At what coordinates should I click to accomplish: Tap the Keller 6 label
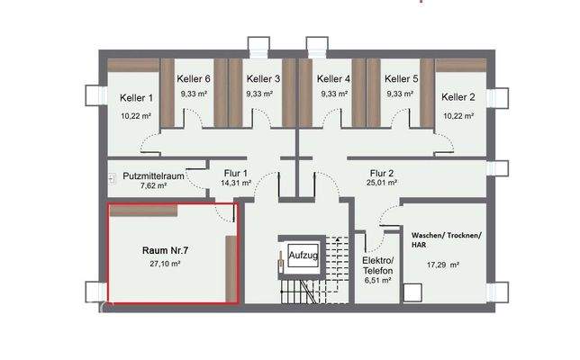point(194,78)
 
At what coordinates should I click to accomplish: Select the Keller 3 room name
point(263,78)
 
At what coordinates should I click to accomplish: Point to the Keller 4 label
point(334,78)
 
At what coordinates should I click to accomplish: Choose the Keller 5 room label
point(400,78)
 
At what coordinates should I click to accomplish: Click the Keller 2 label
point(458,97)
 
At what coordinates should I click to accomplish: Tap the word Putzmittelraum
point(153,175)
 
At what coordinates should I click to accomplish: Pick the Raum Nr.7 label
point(166,249)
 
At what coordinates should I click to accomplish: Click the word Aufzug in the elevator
point(304,256)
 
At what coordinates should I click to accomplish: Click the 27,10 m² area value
point(166,265)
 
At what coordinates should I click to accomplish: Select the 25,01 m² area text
point(382,185)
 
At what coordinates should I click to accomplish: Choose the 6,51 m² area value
point(378,281)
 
